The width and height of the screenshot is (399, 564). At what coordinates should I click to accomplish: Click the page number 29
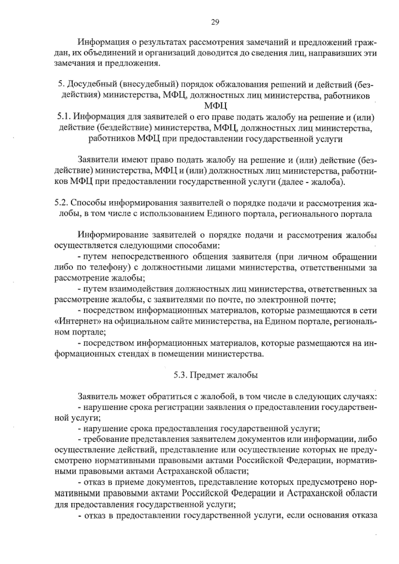tap(215, 22)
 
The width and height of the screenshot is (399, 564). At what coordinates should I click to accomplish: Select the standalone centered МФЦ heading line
tap(215, 107)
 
